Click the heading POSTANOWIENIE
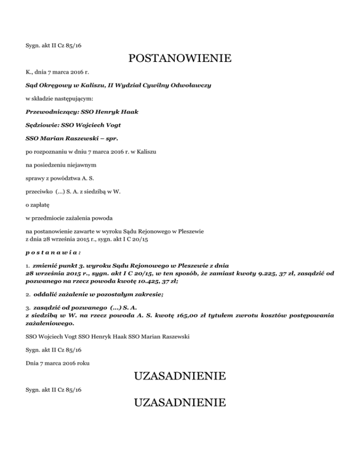pos(180,59)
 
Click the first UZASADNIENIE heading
pos(180,376)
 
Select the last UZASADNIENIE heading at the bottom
pos(180,403)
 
